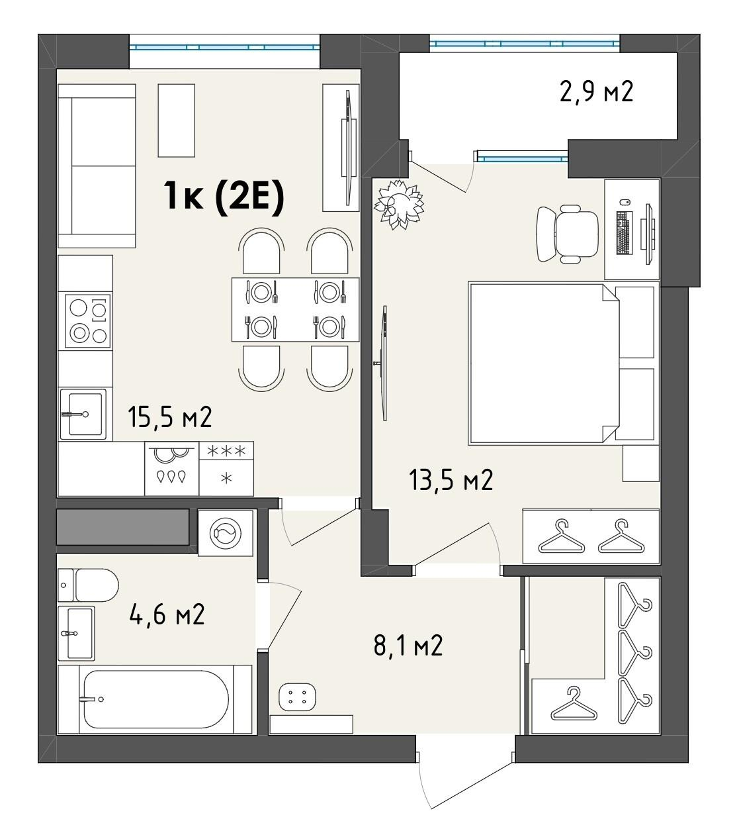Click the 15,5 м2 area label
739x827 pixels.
pyautogui.click(x=169, y=416)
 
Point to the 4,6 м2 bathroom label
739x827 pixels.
pyautogui.click(x=167, y=614)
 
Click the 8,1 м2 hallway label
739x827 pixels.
pyautogui.click(x=408, y=646)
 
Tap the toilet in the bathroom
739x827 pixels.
pyautogui.click(x=88, y=585)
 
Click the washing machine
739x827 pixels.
pyautogui.click(x=225, y=532)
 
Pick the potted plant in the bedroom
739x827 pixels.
pyautogui.click(x=399, y=204)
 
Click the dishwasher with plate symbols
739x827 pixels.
pyautogui.click(x=172, y=468)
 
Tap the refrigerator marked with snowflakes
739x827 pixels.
pyautogui.click(x=226, y=468)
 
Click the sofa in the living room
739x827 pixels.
pyautogui.click(x=97, y=166)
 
